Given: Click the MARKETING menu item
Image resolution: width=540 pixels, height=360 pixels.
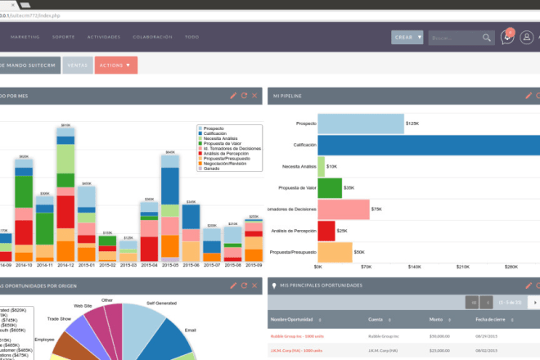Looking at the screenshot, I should click(x=25, y=38).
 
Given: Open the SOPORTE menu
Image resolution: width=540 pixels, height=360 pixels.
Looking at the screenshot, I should click(x=63, y=38).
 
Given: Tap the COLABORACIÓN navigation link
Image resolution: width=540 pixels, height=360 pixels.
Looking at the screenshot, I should click(x=153, y=38).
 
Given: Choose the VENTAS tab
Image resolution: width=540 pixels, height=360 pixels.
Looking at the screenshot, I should click(x=78, y=64).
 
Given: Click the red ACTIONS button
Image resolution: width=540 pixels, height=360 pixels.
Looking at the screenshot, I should click(x=115, y=64).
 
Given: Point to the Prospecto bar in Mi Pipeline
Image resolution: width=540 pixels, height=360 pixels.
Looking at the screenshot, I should click(x=361, y=124).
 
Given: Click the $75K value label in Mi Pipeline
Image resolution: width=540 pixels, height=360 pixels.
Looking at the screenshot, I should click(x=376, y=209).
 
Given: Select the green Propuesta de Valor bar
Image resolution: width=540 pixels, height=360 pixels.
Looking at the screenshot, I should click(x=330, y=188).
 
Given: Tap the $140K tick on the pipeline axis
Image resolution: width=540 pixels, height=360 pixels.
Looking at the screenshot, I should click(x=414, y=267).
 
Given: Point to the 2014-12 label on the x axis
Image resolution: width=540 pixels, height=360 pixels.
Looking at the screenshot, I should click(x=65, y=265).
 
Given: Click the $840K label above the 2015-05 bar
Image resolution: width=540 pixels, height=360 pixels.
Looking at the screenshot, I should click(x=169, y=152).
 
